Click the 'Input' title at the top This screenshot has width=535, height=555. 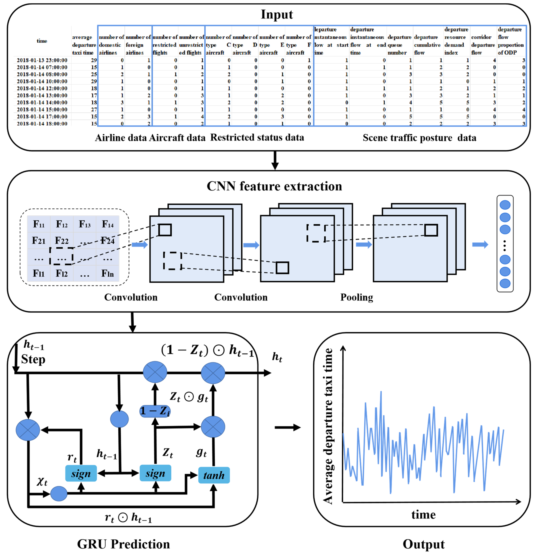pos(276,14)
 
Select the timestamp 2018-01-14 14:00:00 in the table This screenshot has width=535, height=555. pos(42,102)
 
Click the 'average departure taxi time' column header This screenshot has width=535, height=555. pos(84,45)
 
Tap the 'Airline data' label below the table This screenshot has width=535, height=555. pos(121,138)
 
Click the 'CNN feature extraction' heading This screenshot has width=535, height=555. pos(274,186)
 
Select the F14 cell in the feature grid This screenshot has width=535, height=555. pos(108,224)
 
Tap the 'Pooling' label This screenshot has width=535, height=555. pos(356,297)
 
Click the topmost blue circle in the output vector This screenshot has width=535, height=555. pos(504,205)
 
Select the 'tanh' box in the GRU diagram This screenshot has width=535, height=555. pos(214,475)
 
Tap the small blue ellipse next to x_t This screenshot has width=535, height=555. pos(59,494)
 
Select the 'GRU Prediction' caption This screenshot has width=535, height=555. pos(123,544)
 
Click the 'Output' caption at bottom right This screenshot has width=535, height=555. pos(423,544)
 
